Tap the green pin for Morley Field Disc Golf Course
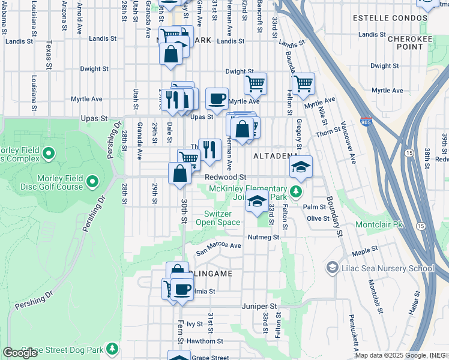pos(92,181)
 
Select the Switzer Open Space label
pos(222,218)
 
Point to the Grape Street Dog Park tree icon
pos(112,348)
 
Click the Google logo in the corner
pos(20,353)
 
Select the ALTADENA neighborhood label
pos(276,156)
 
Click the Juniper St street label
pos(259,306)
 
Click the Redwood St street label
pos(225,177)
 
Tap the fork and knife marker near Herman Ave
pos(209,149)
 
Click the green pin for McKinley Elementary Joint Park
pos(295,191)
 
